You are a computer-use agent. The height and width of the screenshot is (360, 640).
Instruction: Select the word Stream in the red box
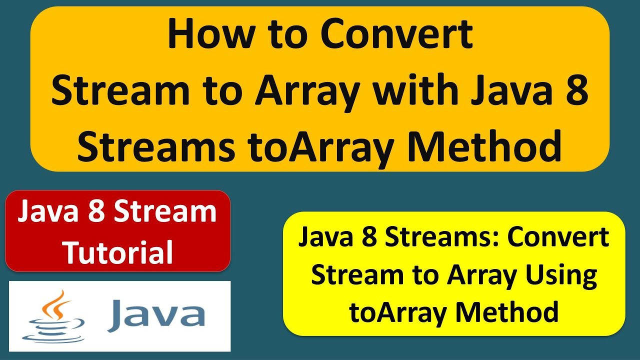coord(165,212)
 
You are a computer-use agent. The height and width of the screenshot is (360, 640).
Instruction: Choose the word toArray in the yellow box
coord(398,312)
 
